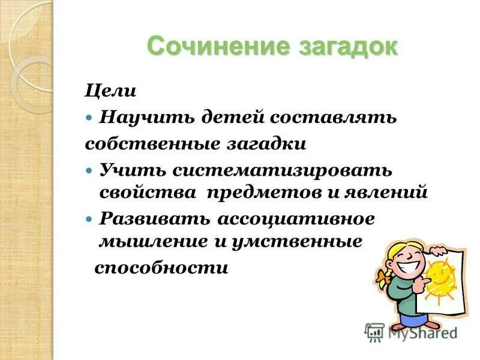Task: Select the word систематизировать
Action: (x=283, y=170)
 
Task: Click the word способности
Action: (x=161, y=268)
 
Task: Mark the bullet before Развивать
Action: (x=89, y=220)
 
